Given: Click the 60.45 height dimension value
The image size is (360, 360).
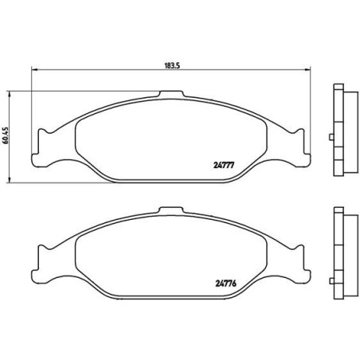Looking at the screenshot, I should click(6, 135).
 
